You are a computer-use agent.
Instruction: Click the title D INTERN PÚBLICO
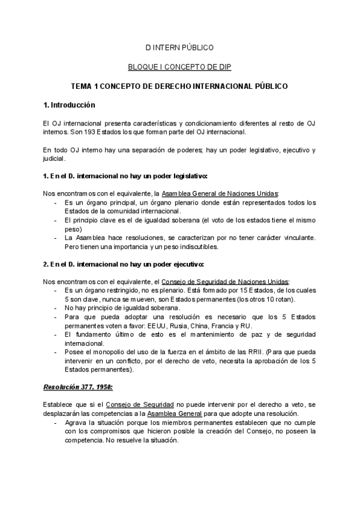(x=179, y=47)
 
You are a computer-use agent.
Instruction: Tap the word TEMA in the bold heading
(x=82, y=86)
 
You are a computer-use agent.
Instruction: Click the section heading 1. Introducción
(x=70, y=105)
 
